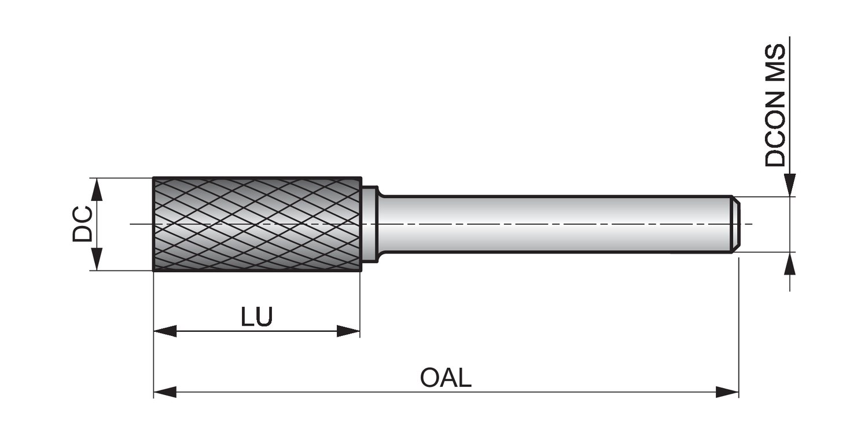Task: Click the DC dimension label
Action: pyautogui.click(x=82, y=224)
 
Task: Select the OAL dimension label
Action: pyautogui.click(x=446, y=378)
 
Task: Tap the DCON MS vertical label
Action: pyautogui.click(x=775, y=105)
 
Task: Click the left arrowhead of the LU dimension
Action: pyautogui.click(x=165, y=331)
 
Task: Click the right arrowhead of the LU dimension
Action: pyautogui.click(x=348, y=331)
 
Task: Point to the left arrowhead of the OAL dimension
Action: pyautogui.click(x=165, y=392)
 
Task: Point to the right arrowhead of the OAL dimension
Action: pyautogui.click(x=727, y=392)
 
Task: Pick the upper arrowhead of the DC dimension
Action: pyautogui.click(x=97, y=189)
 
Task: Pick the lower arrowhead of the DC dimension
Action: pyautogui.click(x=97, y=259)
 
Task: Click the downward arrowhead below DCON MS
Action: pyautogui.click(x=790, y=185)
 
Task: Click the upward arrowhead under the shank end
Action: pyautogui.click(x=790, y=264)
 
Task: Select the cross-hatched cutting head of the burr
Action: pyautogui.click(x=257, y=224)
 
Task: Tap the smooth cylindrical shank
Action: pyautogui.click(x=550, y=224)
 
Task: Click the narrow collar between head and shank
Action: pyautogui.click(x=370, y=224)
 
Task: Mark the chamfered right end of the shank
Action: pyautogui.click(x=735, y=224)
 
